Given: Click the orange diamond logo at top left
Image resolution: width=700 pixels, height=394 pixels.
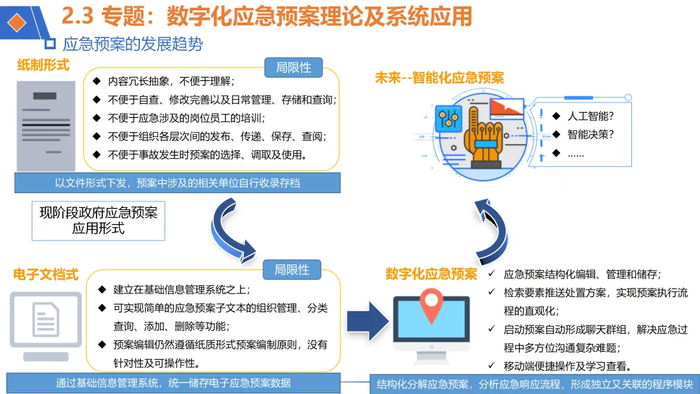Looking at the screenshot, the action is [x=17, y=22].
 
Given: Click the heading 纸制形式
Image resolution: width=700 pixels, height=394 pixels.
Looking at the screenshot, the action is [x=43, y=65].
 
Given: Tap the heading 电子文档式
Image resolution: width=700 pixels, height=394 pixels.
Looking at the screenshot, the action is [x=46, y=275].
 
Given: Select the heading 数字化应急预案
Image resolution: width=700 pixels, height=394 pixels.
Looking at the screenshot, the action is [x=431, y=273].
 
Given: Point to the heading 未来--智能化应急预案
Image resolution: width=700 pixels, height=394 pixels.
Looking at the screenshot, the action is [x=439, y=78].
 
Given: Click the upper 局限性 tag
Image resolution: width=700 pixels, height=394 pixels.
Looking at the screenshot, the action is [x=294, y=67].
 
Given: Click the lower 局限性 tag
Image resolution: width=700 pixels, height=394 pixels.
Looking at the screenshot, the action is [x=292, y=270].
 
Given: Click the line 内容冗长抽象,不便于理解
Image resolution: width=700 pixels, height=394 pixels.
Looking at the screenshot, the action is [x=171, y=81].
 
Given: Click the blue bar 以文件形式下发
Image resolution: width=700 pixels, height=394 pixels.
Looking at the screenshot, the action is [x=178, y=183].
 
